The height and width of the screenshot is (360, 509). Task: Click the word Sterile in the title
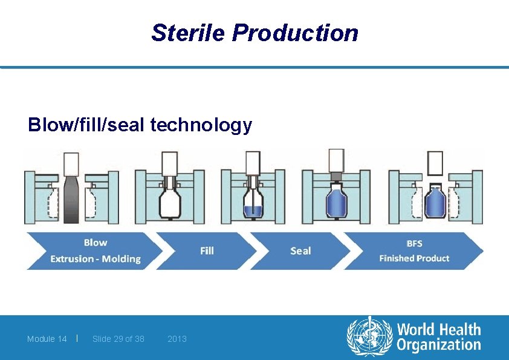point(188,33)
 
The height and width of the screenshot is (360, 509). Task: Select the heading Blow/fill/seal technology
point(140,125)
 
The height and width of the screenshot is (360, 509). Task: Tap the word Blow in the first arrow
point(96,243)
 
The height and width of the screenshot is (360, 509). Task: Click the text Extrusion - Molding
point(96,259)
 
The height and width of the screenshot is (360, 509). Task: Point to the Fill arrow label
point(207,250)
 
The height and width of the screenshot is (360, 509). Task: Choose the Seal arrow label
point(300,250)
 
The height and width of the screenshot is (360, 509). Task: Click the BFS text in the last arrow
point(415,243)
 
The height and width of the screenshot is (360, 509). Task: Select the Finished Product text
point(415,258)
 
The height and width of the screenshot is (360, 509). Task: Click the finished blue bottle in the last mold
point(434,202)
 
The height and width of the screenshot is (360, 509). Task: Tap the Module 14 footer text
point(47,339)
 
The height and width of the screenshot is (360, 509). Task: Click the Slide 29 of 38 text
point(118,339)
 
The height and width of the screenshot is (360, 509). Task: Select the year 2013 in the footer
point(177,339)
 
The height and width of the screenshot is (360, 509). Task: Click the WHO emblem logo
point(369,337)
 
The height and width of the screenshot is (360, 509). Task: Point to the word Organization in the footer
point(438,345)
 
